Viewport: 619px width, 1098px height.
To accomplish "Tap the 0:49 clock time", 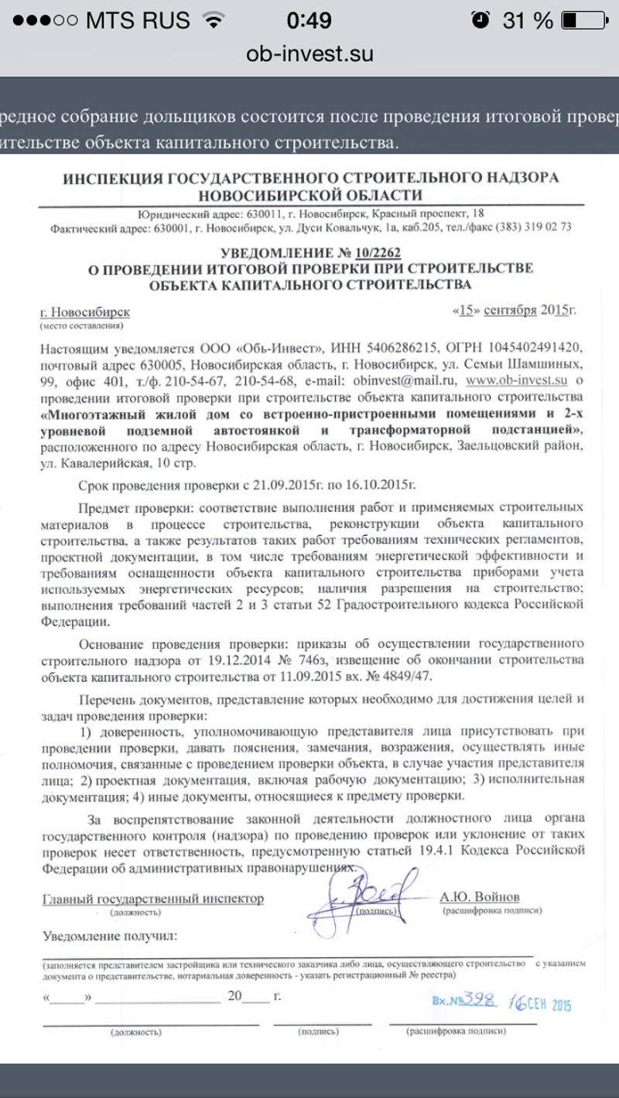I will click(309, 20).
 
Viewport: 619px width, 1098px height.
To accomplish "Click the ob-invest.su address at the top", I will click(309, 53).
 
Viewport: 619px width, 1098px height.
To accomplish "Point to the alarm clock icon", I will click(480, 20).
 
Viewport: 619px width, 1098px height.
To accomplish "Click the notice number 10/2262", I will click(377, 253).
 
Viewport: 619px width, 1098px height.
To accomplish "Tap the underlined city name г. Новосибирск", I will click(85, 312).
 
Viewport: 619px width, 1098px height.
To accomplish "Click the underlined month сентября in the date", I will click(510, 311).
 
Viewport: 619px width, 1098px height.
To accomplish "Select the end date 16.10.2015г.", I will click(371, 484).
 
